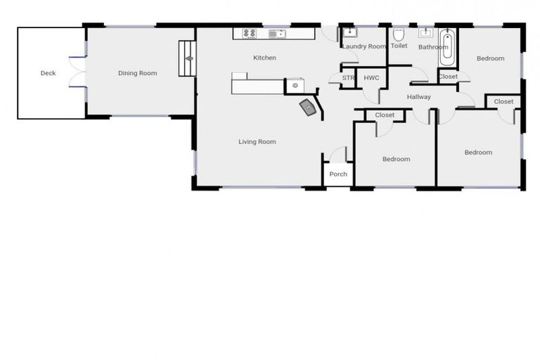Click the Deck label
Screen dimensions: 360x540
[x=48, y=73]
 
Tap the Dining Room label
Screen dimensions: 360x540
[x=137, y=73]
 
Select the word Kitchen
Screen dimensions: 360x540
[x=264, y=58]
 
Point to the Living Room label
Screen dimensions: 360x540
[x=257, y=142]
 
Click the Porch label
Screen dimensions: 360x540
[x=338, y=174]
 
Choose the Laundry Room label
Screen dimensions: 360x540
[x=364, y=46]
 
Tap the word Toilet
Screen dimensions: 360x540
[x=399, y=46]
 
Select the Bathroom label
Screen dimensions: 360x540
[x=433, y=47]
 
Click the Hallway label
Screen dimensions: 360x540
[x=418, y=97]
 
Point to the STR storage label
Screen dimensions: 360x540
[x=348, y=78]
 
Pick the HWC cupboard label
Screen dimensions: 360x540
[x=371, y=78]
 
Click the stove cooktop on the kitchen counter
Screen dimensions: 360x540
[x=250, y=33]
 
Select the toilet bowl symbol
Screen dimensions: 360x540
[x=398, y=34]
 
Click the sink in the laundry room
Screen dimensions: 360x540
[x=350, y=33]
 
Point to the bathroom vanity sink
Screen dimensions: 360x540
[x=426, y=32]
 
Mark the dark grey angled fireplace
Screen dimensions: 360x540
[x=308, y=108]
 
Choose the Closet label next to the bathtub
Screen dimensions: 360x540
[x=448, y=77]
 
